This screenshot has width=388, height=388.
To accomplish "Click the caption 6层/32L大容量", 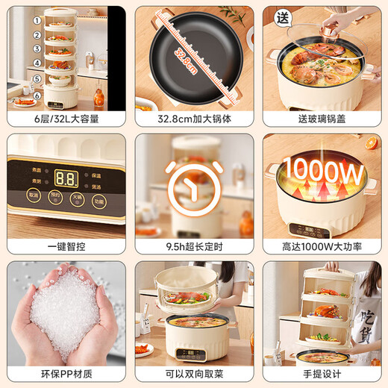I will point(65,119).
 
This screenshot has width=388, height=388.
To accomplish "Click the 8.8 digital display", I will point(65,178).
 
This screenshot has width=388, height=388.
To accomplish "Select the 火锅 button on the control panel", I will point(76,199).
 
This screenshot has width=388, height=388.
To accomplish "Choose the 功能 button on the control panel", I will point(99,201).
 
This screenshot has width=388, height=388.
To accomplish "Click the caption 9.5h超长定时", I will point(193,246).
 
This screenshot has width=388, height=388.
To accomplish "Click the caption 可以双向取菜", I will point(193,374).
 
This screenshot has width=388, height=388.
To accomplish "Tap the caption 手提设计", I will point(323,374).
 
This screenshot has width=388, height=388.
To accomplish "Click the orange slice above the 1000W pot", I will point(374,143).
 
